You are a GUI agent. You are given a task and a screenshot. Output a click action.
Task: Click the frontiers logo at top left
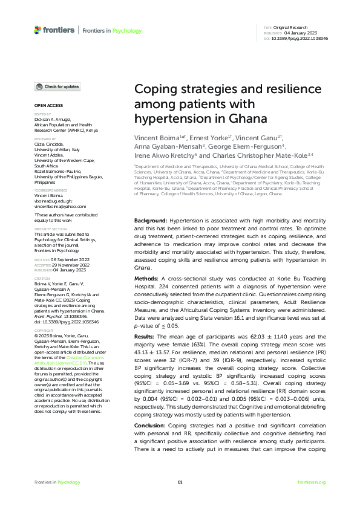point(54,30)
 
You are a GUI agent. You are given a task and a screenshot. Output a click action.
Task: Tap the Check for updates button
point(58,87)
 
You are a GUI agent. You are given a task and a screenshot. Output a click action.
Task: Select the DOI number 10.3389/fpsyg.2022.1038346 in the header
point(301,37)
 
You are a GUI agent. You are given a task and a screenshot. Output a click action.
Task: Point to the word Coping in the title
point(157,89)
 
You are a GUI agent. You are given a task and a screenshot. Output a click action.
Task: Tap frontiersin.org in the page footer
point(312,482)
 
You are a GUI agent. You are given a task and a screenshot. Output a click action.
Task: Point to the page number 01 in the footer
point(180,482)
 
